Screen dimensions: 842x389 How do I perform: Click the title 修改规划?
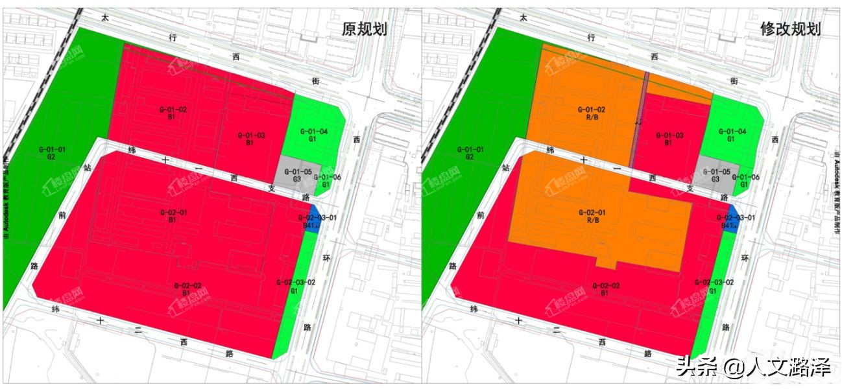(791, 29)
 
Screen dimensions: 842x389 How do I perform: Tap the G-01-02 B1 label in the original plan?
(173, 113)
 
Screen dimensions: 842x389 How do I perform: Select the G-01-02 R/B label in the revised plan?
(591, 113)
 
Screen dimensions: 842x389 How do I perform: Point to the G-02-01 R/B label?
(591, 216)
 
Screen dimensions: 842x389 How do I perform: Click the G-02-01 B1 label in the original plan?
(173, 216)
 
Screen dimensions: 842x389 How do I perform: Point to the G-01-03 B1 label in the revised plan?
(669, 139)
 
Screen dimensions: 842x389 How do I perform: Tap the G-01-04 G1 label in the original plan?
(315, 135)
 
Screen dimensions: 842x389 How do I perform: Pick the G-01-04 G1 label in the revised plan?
(733, 135)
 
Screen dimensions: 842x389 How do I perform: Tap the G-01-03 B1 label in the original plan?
(250, 139)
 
